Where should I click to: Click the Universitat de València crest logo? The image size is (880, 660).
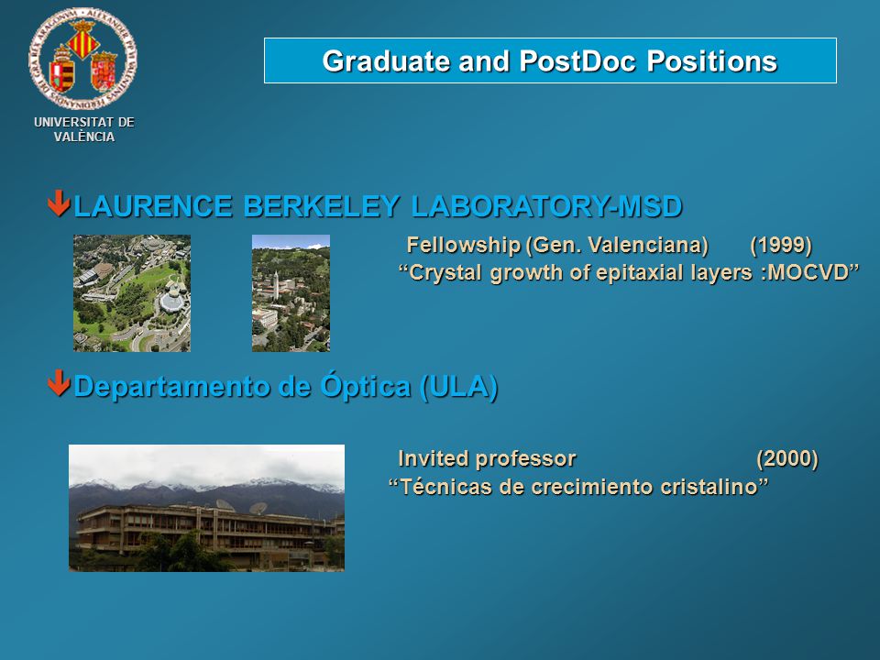pos(82,58)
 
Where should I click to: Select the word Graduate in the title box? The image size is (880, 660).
pos(386,61)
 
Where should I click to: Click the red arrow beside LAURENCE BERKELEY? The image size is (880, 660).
pos(59,203)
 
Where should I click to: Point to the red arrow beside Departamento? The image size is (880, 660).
pos(59,383)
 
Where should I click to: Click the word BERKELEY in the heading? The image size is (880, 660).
pos(322,206)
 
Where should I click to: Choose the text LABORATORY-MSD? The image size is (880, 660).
pos(546,206)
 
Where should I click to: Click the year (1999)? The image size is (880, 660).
pos(781,245)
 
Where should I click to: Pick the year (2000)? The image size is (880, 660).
pos(786,458)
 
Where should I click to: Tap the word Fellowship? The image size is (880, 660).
pos(464,246)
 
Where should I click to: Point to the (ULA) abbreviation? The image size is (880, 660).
pos(458,386)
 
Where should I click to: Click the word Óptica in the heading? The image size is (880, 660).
pos(365,385)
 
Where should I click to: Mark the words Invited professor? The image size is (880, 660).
pos(487,458)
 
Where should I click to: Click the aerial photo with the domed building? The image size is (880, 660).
pos(132,293)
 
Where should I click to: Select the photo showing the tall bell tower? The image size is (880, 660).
pos(291,293)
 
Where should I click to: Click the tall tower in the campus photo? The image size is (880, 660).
pos(276,285)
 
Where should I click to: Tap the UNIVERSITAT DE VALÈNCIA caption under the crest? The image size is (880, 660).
pos(84,129)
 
